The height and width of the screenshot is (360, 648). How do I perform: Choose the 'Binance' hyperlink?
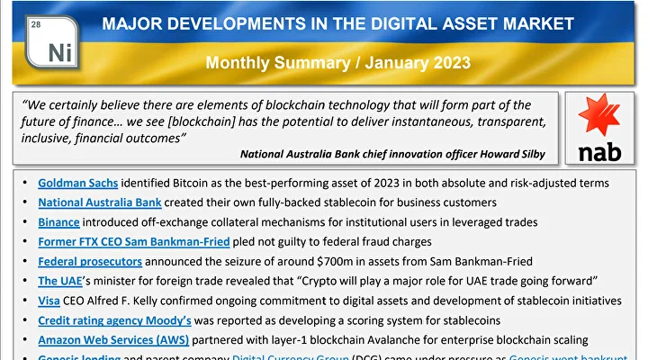coord(58,221)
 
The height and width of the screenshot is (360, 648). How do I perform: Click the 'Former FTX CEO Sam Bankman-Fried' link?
coord(134,241)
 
